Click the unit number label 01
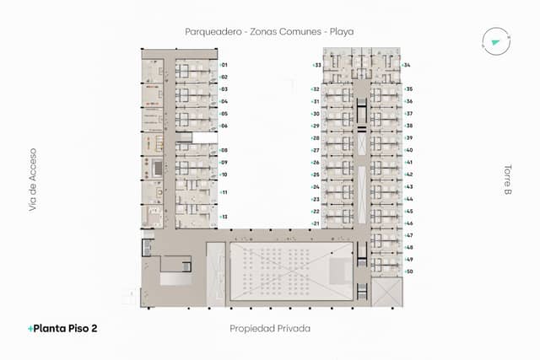[224, 65]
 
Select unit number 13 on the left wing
[224, 217]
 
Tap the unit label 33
[317, 65]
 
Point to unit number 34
[408, 65]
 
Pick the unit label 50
[409, 271]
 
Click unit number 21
[316, 223]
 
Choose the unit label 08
[224, 150]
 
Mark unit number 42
[409, 175]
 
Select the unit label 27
[316, 150]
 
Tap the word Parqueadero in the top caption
[214, 31]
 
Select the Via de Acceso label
[33, 179]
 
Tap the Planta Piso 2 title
[63, 328]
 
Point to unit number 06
[224, 126]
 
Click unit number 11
[224, 192]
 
